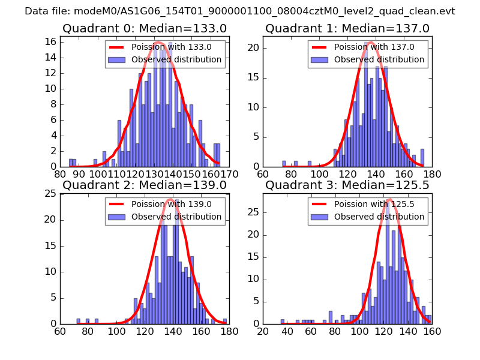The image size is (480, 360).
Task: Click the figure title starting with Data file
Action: coord(240,11)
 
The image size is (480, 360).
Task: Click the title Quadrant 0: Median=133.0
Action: coord(145,28)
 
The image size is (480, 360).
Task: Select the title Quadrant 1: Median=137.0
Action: coord(347,28)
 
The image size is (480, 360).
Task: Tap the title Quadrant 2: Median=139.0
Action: coord(145,185)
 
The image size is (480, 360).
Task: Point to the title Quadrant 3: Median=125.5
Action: coord(347,185)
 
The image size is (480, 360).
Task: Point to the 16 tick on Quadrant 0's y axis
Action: coord(50,41)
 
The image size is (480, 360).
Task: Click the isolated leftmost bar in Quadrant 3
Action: coord(283,322)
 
